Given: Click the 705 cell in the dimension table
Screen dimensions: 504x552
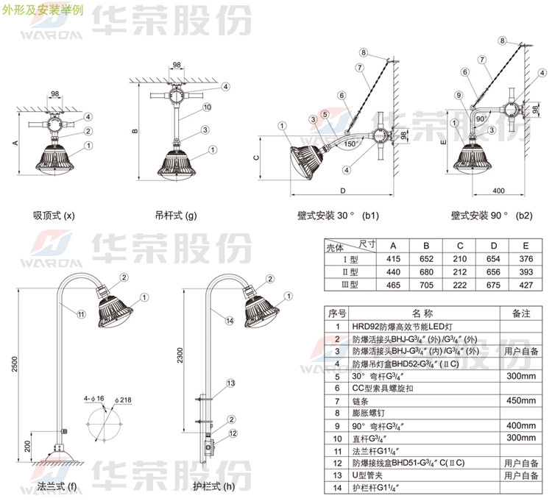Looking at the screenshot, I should click(x=425, y=285).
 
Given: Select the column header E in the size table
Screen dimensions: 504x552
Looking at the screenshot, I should click(x=525, y=245).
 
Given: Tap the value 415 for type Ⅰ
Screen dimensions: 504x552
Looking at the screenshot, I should click(x=392, y=259).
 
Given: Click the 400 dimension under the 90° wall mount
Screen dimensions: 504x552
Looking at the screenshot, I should click(x=498, y=191).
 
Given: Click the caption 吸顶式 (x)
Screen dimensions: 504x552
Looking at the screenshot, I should click(x=54, y=216).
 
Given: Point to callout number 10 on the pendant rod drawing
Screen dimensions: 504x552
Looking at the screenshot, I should click(x=208, y=107).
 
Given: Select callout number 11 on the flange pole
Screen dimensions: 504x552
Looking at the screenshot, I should click(x=81, y=314).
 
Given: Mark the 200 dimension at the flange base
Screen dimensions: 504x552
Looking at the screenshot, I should click(x=26, y=447).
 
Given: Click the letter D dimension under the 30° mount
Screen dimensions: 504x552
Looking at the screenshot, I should click(x=342, y=191).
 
